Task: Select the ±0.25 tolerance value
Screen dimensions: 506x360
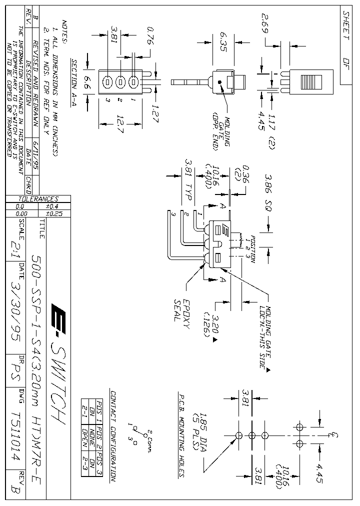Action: pos(56,213)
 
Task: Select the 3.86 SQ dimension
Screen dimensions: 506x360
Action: pos(268,192)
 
